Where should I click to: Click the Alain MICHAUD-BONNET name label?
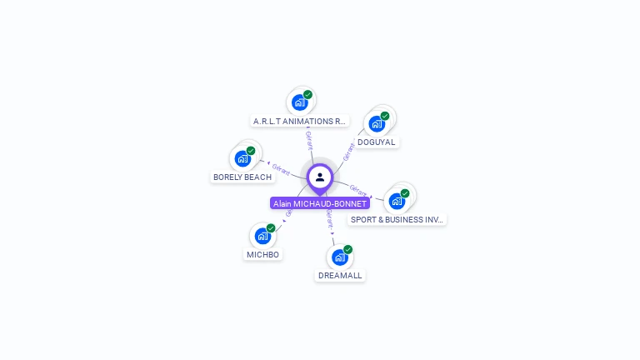(320, 203)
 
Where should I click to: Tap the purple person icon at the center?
(320, 177)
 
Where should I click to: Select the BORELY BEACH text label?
(242, 177)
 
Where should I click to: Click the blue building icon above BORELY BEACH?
(242, 158)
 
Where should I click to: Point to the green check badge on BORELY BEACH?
(251, 151)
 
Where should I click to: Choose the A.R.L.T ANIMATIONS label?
(299, 122)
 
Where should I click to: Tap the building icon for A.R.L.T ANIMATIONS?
(298, 103)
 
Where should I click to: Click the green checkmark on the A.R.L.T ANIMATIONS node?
(307, 95)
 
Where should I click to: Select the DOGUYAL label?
(377, 142)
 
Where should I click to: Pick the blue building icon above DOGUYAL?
(377, 124)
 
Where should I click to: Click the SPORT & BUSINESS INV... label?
(397, 220)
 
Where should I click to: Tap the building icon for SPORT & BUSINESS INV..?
(397, 201)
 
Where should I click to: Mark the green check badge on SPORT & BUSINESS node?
(405, 193)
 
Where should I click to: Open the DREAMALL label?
(341, 276)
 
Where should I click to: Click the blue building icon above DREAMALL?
(339, 257)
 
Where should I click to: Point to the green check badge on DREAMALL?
(347, 249)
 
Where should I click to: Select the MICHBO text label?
(262, 254)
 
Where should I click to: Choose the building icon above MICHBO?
(262, 236)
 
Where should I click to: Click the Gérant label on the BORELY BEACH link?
(281, 169)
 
